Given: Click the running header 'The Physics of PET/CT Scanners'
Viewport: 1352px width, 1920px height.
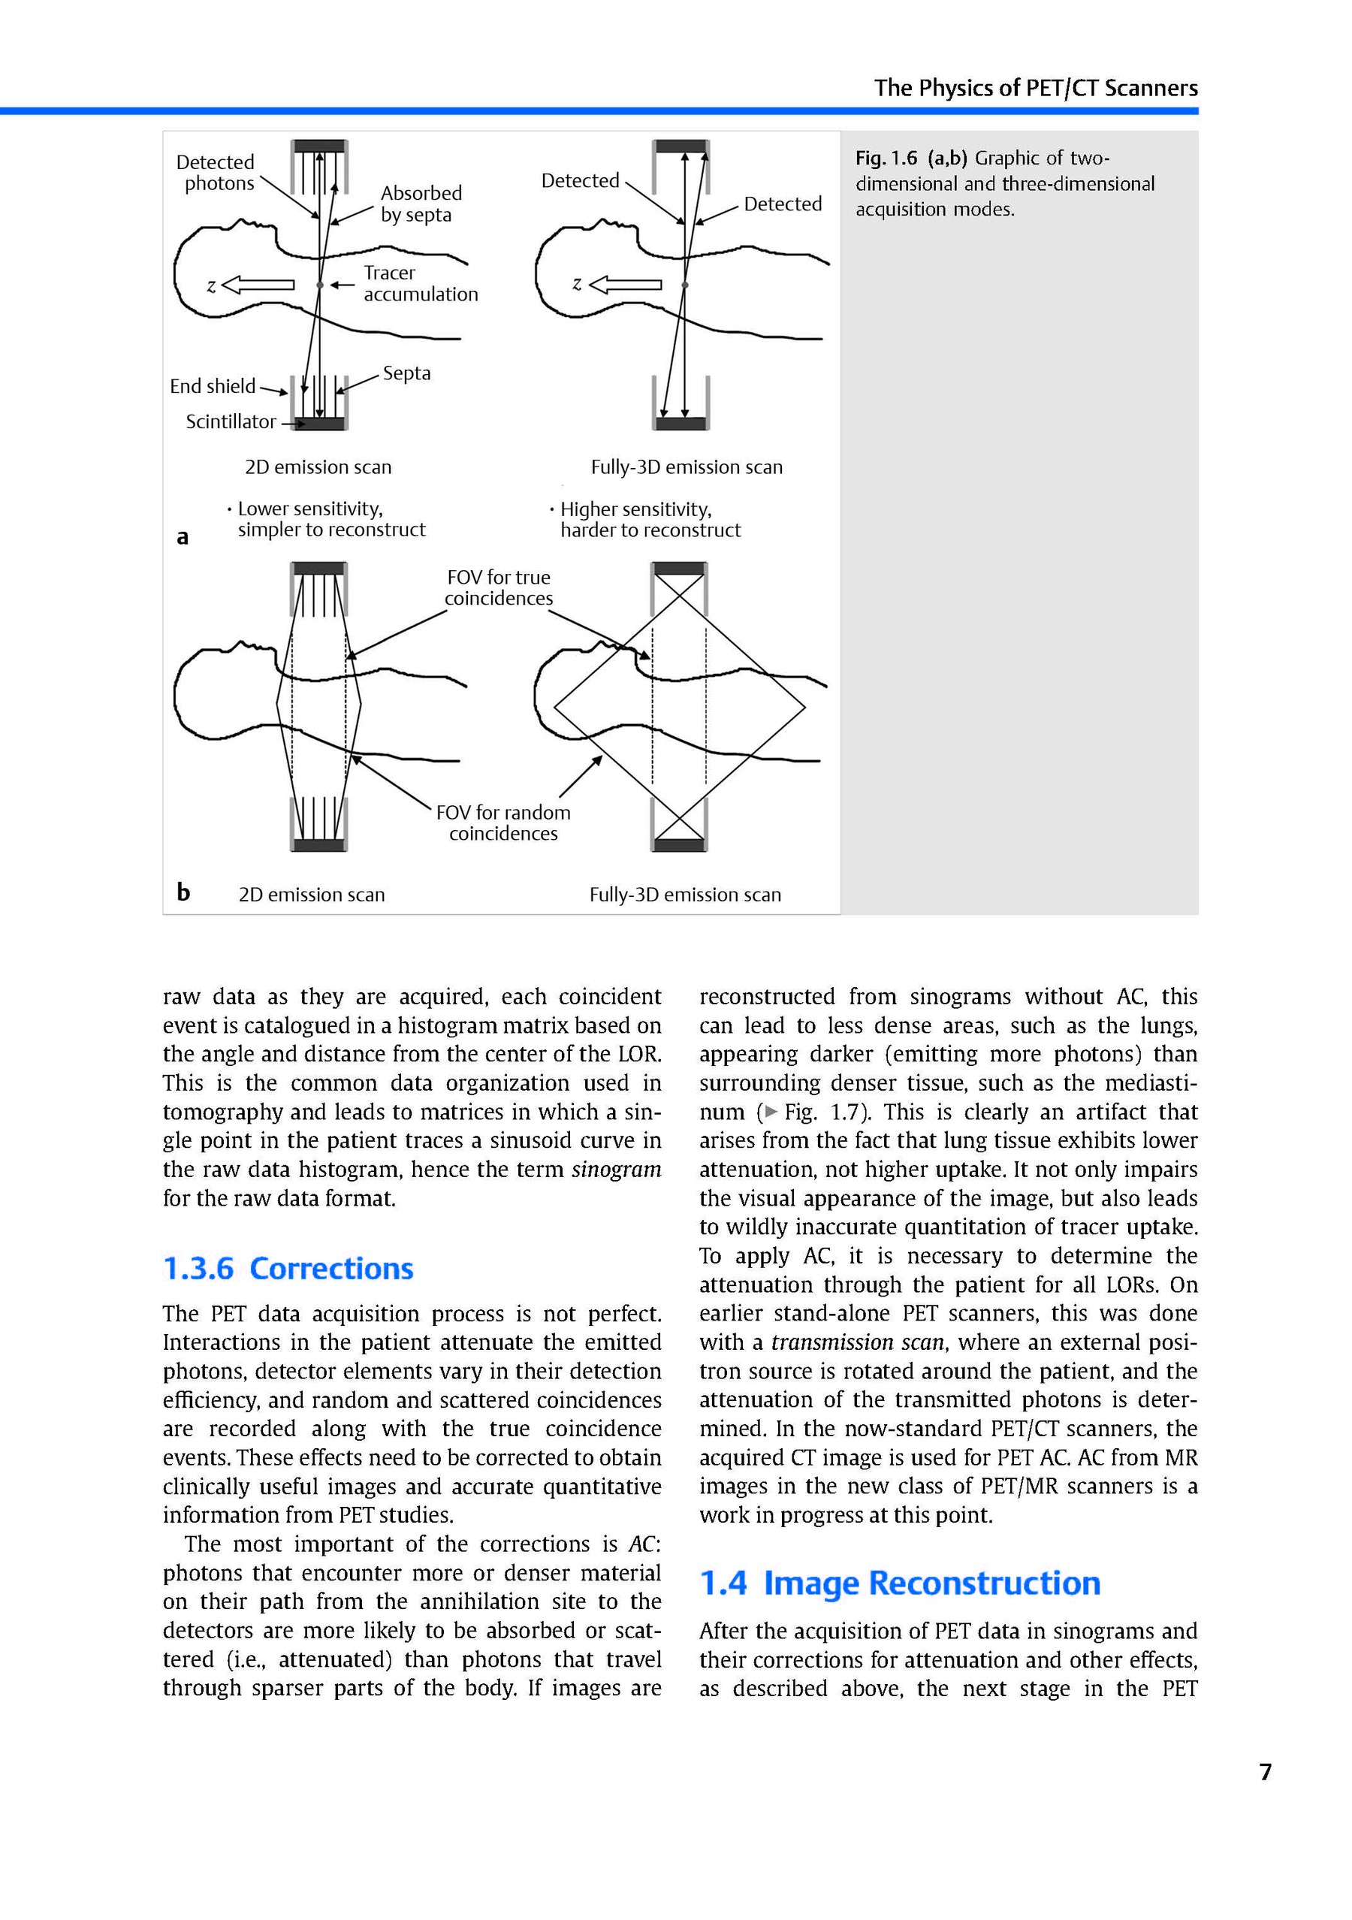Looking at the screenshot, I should coord(1035,88).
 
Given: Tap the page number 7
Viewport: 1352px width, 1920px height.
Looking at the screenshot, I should coord(1265,1771).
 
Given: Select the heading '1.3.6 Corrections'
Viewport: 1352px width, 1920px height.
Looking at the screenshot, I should coord(288,1269).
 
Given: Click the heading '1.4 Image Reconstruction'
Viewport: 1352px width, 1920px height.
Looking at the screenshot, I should coord(900,1583).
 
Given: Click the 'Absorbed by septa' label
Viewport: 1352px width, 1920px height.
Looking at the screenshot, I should coord(421,204).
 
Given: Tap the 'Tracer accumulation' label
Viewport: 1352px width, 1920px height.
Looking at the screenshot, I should coord(420,283).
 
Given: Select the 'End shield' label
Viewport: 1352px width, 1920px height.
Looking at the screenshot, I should coord(213,386).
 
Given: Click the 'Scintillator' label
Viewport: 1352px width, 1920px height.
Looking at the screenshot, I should coord(231,421).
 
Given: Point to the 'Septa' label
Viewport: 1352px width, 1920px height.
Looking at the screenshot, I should coord(406,373).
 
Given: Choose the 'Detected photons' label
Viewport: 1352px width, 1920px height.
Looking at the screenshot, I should coord(216,173).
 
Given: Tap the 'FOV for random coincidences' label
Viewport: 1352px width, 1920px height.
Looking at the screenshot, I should coord(503,823).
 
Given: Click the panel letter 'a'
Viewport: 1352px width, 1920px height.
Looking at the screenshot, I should coord(183,537).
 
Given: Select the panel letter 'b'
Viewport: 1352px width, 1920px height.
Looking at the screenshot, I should coord(183,892).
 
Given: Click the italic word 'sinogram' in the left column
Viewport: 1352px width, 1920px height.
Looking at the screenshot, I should coord(616,1169).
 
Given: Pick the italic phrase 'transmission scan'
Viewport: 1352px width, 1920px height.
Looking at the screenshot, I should coord(858,1342).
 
